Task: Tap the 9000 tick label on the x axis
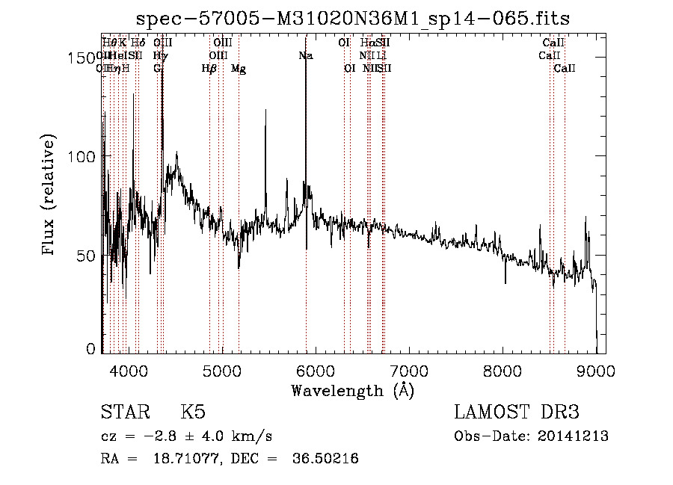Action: (596, 370)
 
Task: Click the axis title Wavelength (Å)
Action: (352, 390)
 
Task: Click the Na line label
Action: (305, 56)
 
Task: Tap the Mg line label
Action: (239, 69)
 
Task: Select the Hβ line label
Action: (209, 69)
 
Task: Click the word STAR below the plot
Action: (123, 413)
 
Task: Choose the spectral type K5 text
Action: (193, 413)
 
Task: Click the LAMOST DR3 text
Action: (517, 413)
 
